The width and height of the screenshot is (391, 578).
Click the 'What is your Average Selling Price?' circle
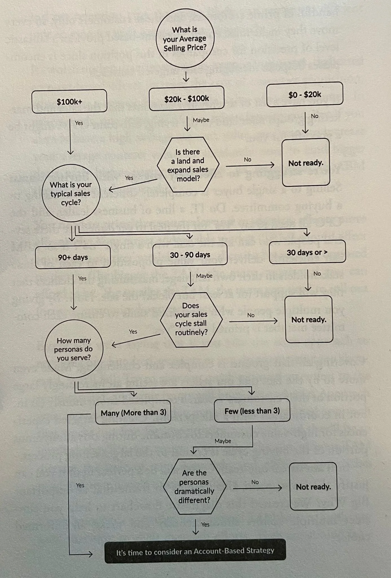[185, 39]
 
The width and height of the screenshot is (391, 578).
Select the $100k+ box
[69, 101]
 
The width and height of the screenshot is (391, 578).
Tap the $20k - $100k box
[186, 98]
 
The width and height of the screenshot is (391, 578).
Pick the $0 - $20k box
[305, 95]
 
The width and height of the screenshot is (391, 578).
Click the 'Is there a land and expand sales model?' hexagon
[188, 165]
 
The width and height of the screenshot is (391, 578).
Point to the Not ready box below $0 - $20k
[306, 163]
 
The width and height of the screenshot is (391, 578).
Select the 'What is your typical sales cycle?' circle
[71, 193]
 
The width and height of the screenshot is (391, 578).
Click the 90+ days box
[73, 257]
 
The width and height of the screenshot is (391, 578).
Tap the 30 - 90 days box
[190, 255]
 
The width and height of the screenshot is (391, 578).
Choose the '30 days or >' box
[307, 252]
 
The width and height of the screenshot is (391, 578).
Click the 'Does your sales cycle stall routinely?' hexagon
[191, 319]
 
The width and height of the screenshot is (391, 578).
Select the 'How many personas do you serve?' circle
[74, 349]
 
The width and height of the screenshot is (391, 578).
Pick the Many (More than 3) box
[133, 412]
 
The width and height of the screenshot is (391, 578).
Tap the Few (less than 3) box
[252, 411]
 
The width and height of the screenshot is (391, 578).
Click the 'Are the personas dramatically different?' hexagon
[194, 486]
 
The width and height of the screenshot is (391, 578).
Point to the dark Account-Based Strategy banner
[195, 551]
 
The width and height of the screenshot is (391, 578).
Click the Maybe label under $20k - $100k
[201, 120]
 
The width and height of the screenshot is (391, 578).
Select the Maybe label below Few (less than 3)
[223, 441]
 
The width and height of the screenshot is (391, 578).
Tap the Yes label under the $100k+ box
[79, 123]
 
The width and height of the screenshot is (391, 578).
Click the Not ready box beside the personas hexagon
[313, 487]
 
